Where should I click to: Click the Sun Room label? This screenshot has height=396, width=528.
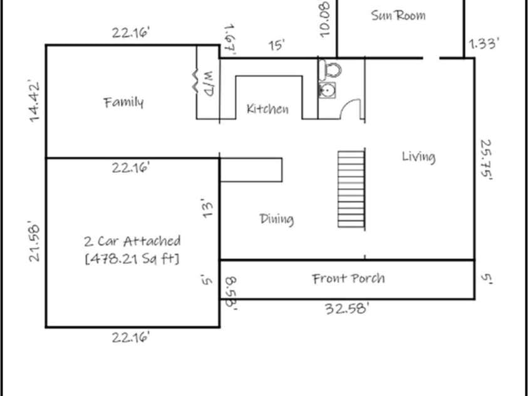(x=398, y=16)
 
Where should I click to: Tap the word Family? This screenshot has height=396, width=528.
(x=123, y=102)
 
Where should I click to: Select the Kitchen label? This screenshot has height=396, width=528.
(x=267, y=109)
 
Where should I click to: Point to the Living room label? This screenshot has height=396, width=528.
(x=418, y=157)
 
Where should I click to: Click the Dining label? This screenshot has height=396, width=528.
(x=276, y=219)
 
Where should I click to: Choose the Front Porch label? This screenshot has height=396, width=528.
(x=348, y=279)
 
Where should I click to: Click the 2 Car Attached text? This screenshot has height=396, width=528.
(x=132, y=241)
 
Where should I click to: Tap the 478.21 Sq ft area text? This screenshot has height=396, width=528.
(x=132, y=258)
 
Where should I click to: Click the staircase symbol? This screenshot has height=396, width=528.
(x=351, y=188)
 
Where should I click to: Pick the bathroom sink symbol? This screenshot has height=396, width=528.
(x=326, y=91)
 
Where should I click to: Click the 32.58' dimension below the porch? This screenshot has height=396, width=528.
(x=346, y=308)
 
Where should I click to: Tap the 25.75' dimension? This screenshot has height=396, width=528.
(x=485, y=159)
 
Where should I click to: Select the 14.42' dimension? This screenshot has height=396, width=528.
(x=35, y=100)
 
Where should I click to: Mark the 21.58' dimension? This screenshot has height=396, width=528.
(x=35, y=240)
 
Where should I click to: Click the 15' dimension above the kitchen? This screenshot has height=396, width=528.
(x=276, y=46)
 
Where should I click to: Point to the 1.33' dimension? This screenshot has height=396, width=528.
(x=484, y=44)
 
